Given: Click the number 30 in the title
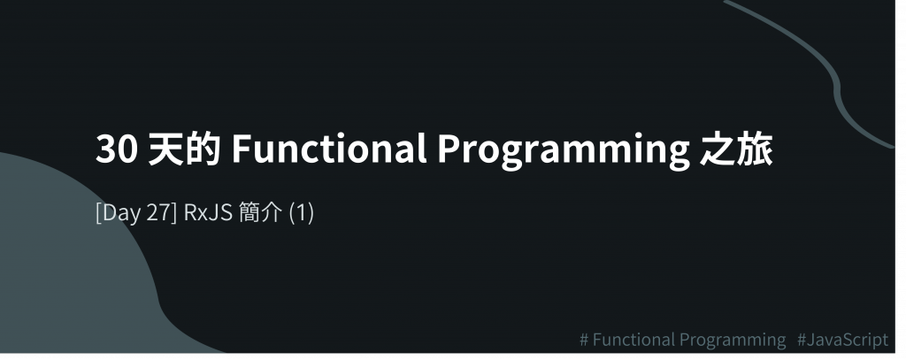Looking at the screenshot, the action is (x=117, y=149).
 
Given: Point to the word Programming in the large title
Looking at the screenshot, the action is (x=564, y=151).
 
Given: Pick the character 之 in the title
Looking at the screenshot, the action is (x=718, y=149).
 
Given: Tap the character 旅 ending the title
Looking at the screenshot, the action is (x=755, y=149).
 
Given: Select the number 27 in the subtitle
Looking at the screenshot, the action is (x=157, y=212).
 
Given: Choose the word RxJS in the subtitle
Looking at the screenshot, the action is (x=208, y=212).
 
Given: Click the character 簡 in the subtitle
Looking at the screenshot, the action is (x=249, y=212).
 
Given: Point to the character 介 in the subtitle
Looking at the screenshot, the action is (x=271, y=212).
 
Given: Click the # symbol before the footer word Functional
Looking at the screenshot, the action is (x=584, y=340).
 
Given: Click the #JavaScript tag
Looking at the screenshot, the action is (x=842, y=340).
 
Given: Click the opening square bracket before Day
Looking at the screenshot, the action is (x=98, y=213).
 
